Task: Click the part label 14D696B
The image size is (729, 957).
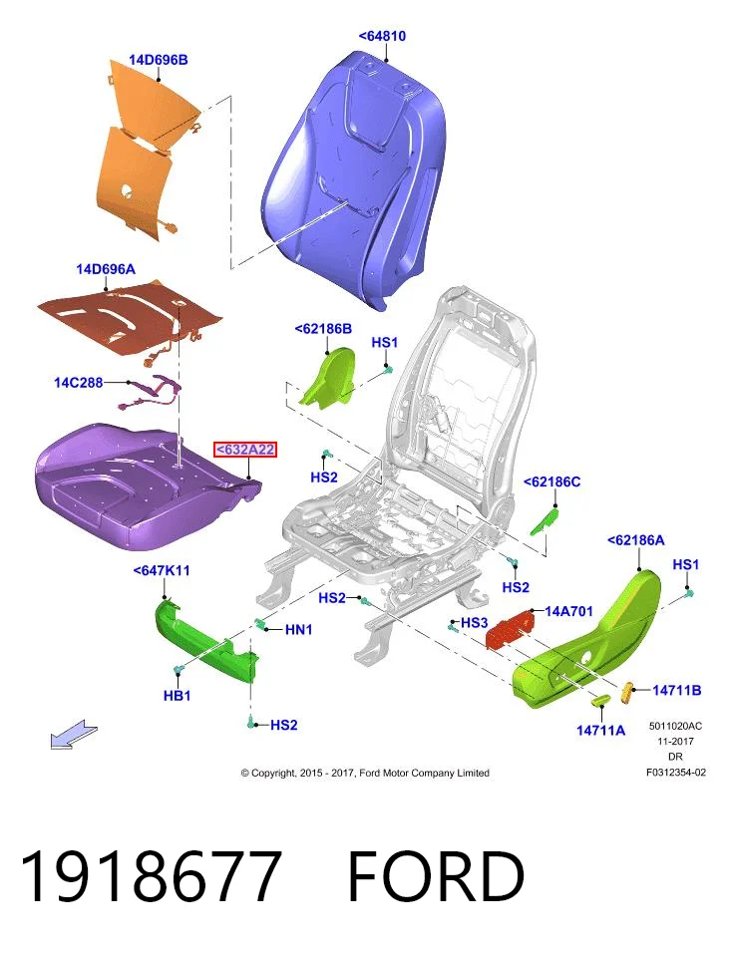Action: click(x=159, y=60)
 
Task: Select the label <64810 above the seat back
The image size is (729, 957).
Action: click(x=382, y=36)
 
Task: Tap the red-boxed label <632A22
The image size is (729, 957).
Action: click(x=245, y=450)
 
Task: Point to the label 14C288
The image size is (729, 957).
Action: click(x=79, y=383)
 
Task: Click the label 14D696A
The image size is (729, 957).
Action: click(x=106, y=269)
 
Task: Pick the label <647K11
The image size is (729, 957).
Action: click(x=162, y=570)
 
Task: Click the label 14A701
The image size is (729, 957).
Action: click(x=568, y=611)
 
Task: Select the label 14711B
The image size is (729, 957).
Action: click(x=676, y=690)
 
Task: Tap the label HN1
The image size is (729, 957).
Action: click(x=298, y=629)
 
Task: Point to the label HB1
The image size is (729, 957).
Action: click(x=178, y=695)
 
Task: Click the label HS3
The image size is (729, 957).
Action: click(x=475, y=622)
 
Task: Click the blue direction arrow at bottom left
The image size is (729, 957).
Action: click(x=73, y=733)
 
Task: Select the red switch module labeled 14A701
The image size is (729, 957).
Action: click(x=510, y=629)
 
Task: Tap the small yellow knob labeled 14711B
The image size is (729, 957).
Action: click(x=627, y=692)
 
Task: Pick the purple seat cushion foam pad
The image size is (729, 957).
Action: click(x=147, y=486)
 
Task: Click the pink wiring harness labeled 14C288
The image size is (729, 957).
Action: click(x=150, y=394)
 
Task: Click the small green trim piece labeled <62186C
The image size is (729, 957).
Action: click(x=544, y=521)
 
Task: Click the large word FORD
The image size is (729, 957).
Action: click(x=436, y=875)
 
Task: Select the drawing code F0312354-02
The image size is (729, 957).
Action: click(x=676, y=772)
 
